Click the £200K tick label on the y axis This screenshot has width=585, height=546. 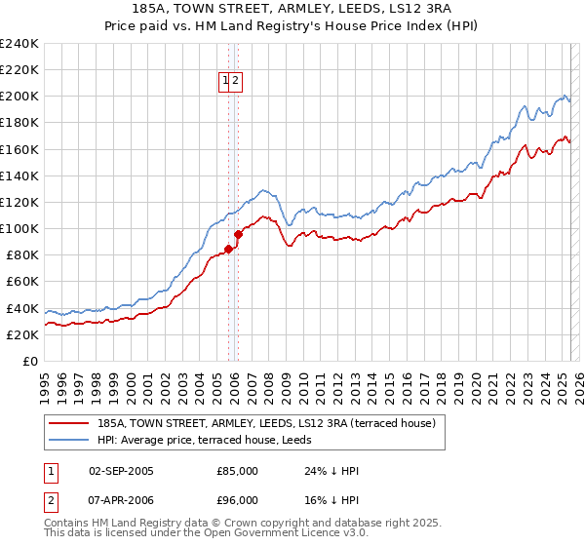coord(19,97)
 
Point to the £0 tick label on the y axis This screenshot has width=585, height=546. coord(29,361)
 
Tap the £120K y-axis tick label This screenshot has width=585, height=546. coord(19,202)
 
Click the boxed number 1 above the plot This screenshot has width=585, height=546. coord(225,82)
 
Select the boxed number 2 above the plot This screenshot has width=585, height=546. coord(236,82)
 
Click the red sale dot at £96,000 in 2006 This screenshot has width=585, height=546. coord(239,234)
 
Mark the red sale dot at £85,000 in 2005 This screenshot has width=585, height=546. coord(228,249)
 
